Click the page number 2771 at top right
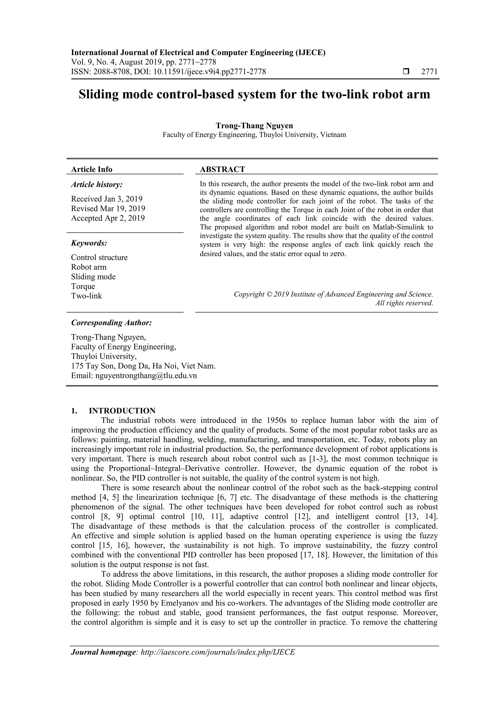click(429, 72)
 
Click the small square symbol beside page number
click(406, 72)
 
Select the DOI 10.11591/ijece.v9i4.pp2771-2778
click(209, 72)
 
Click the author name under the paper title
click(254, 125)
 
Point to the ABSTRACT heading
click(222, 169)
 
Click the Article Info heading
click(91, 169)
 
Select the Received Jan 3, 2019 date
click(107, 199)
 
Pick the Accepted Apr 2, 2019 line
click(108, 218)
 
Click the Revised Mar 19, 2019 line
click(108, 209)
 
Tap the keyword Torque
click(83, 286)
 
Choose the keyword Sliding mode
click(93, 277)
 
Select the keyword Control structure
click(99, 257)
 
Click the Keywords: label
click(89, 243)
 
